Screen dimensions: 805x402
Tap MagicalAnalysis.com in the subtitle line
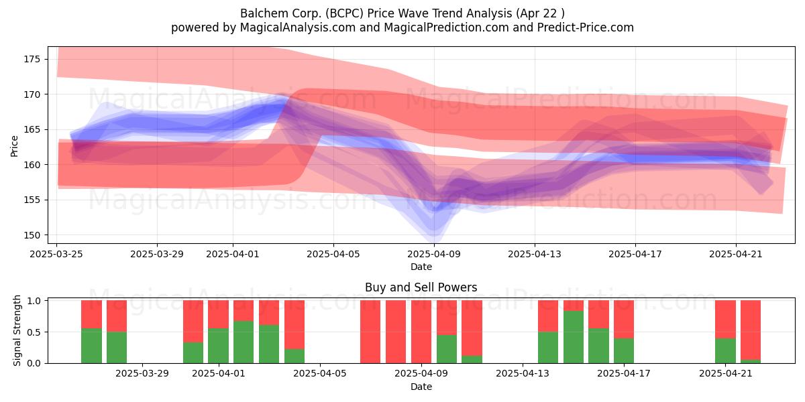298,27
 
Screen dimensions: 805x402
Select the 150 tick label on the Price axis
32,235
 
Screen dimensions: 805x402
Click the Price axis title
14,146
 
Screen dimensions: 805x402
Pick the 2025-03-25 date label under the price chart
56,254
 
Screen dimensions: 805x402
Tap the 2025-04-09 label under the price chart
434,254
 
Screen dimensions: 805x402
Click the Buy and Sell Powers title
421,287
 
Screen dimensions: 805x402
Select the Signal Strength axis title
17,330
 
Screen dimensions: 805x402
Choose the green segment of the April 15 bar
573,337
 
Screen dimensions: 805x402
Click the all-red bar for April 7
370,332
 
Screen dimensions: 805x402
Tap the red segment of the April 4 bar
294,325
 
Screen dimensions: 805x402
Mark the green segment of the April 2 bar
244,342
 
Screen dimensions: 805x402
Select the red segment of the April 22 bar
751,330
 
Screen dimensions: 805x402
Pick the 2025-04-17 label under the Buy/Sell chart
623,374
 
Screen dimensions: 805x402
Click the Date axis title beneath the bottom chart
421,387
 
